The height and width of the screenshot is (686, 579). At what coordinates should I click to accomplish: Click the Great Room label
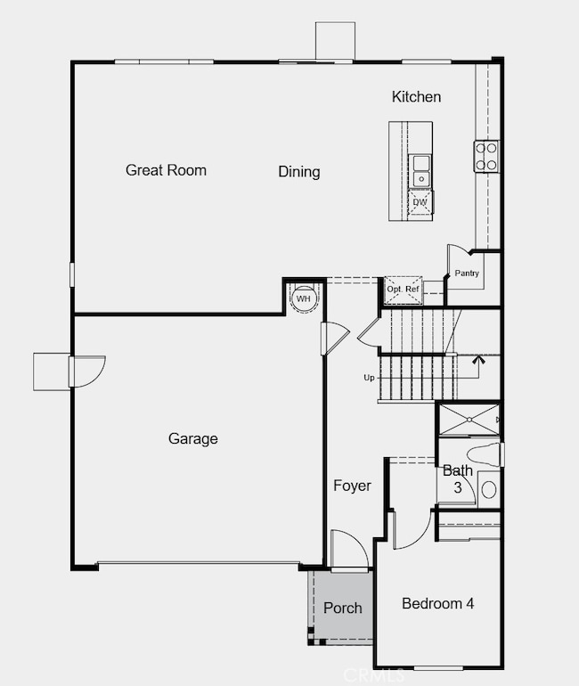[166, 170]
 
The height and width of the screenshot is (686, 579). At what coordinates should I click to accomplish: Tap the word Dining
[298, 172]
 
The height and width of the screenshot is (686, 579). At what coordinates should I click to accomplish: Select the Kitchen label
[416, 96]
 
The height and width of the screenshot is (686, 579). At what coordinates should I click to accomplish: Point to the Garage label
[192, 438]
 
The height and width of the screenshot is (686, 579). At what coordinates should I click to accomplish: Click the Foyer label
[352, 486]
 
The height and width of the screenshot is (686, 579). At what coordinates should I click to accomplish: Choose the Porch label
[342, 608]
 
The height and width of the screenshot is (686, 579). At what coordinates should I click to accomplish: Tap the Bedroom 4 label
[437, 604]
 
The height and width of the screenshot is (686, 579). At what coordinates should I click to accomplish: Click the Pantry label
[467, 274]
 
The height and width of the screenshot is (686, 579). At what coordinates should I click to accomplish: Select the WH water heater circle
[304, 298]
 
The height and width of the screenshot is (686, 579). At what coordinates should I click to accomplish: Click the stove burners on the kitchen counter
[486, 157]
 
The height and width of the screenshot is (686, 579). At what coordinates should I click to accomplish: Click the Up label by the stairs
[369, 378]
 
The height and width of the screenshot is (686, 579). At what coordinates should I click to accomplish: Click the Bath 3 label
[458, 478]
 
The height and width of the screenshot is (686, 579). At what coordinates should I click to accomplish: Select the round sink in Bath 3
[488, 489]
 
